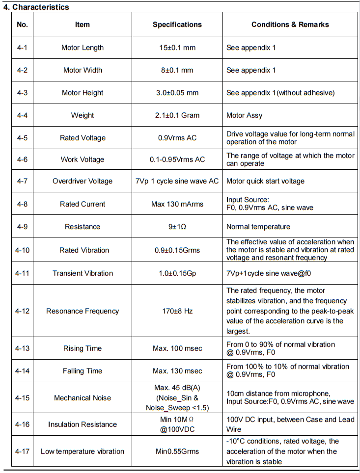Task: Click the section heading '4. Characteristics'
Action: (x=36, y=7)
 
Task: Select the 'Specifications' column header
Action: (x=177, y=24)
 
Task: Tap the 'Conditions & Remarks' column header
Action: (x=290, y=24)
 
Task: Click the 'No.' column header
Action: (x=22, y=24)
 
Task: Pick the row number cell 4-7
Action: (x=22, y=181)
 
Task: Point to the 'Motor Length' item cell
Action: (x=83, y=48)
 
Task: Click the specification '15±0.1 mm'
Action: (x=177, y=48)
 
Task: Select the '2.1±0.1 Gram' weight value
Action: (x=177, y=115)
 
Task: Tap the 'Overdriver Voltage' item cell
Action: (x=83, y=181)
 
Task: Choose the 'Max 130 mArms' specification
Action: (x=177, y=204)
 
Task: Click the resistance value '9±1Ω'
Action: (x=177, y=227)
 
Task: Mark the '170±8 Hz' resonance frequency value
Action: (x=177, y=311)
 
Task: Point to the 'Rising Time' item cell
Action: (x=83, y=348)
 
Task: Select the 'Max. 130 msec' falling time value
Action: (x=177, y=371)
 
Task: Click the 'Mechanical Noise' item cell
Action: (x=83, y=397)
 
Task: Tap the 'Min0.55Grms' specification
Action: (x=177, y=451)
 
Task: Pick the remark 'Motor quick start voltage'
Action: (x=265, y=181)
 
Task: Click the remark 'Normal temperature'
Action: (x=258, y=227)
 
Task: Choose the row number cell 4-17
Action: (x=22, y=451)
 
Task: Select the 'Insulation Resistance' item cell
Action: (x=83, y=424)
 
